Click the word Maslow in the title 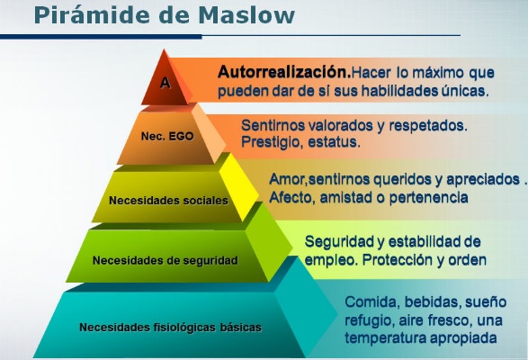246,15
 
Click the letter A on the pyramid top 165,83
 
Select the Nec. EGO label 167,136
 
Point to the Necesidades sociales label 168,201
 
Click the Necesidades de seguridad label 166,261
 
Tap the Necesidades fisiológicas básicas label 170,328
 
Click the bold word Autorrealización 284,72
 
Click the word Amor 287,180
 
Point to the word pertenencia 429,198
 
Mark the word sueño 486,302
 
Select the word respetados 428,126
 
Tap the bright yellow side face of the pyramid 238,185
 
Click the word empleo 331,261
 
